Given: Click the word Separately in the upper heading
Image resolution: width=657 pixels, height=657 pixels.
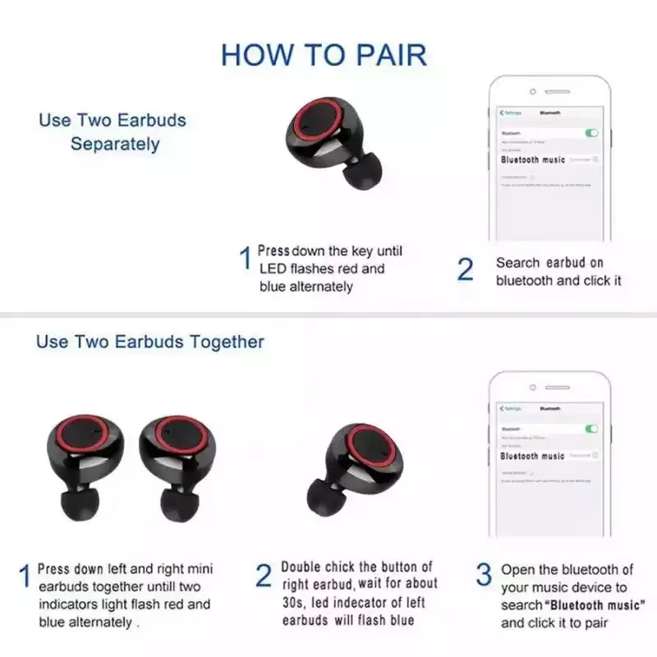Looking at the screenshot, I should point(114,145).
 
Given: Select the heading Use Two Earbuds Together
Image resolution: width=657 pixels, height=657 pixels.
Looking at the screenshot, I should point(149,342).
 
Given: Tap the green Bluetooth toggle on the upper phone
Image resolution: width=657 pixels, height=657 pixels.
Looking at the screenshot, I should point(591,132).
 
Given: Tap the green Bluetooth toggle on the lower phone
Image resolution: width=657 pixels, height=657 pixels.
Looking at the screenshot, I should point(591,429).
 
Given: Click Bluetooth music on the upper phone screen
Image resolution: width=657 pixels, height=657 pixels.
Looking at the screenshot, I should point(533,160).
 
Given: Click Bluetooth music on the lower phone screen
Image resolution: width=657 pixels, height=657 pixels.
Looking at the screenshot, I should point(532,456).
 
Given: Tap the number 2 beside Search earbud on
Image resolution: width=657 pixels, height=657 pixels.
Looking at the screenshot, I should point(465,270).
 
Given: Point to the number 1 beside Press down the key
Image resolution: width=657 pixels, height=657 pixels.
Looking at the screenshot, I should point(245,260).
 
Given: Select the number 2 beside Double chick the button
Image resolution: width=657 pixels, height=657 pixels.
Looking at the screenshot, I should point(263,576).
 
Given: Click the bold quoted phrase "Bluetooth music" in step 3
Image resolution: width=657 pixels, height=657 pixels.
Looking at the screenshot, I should point(595,605).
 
